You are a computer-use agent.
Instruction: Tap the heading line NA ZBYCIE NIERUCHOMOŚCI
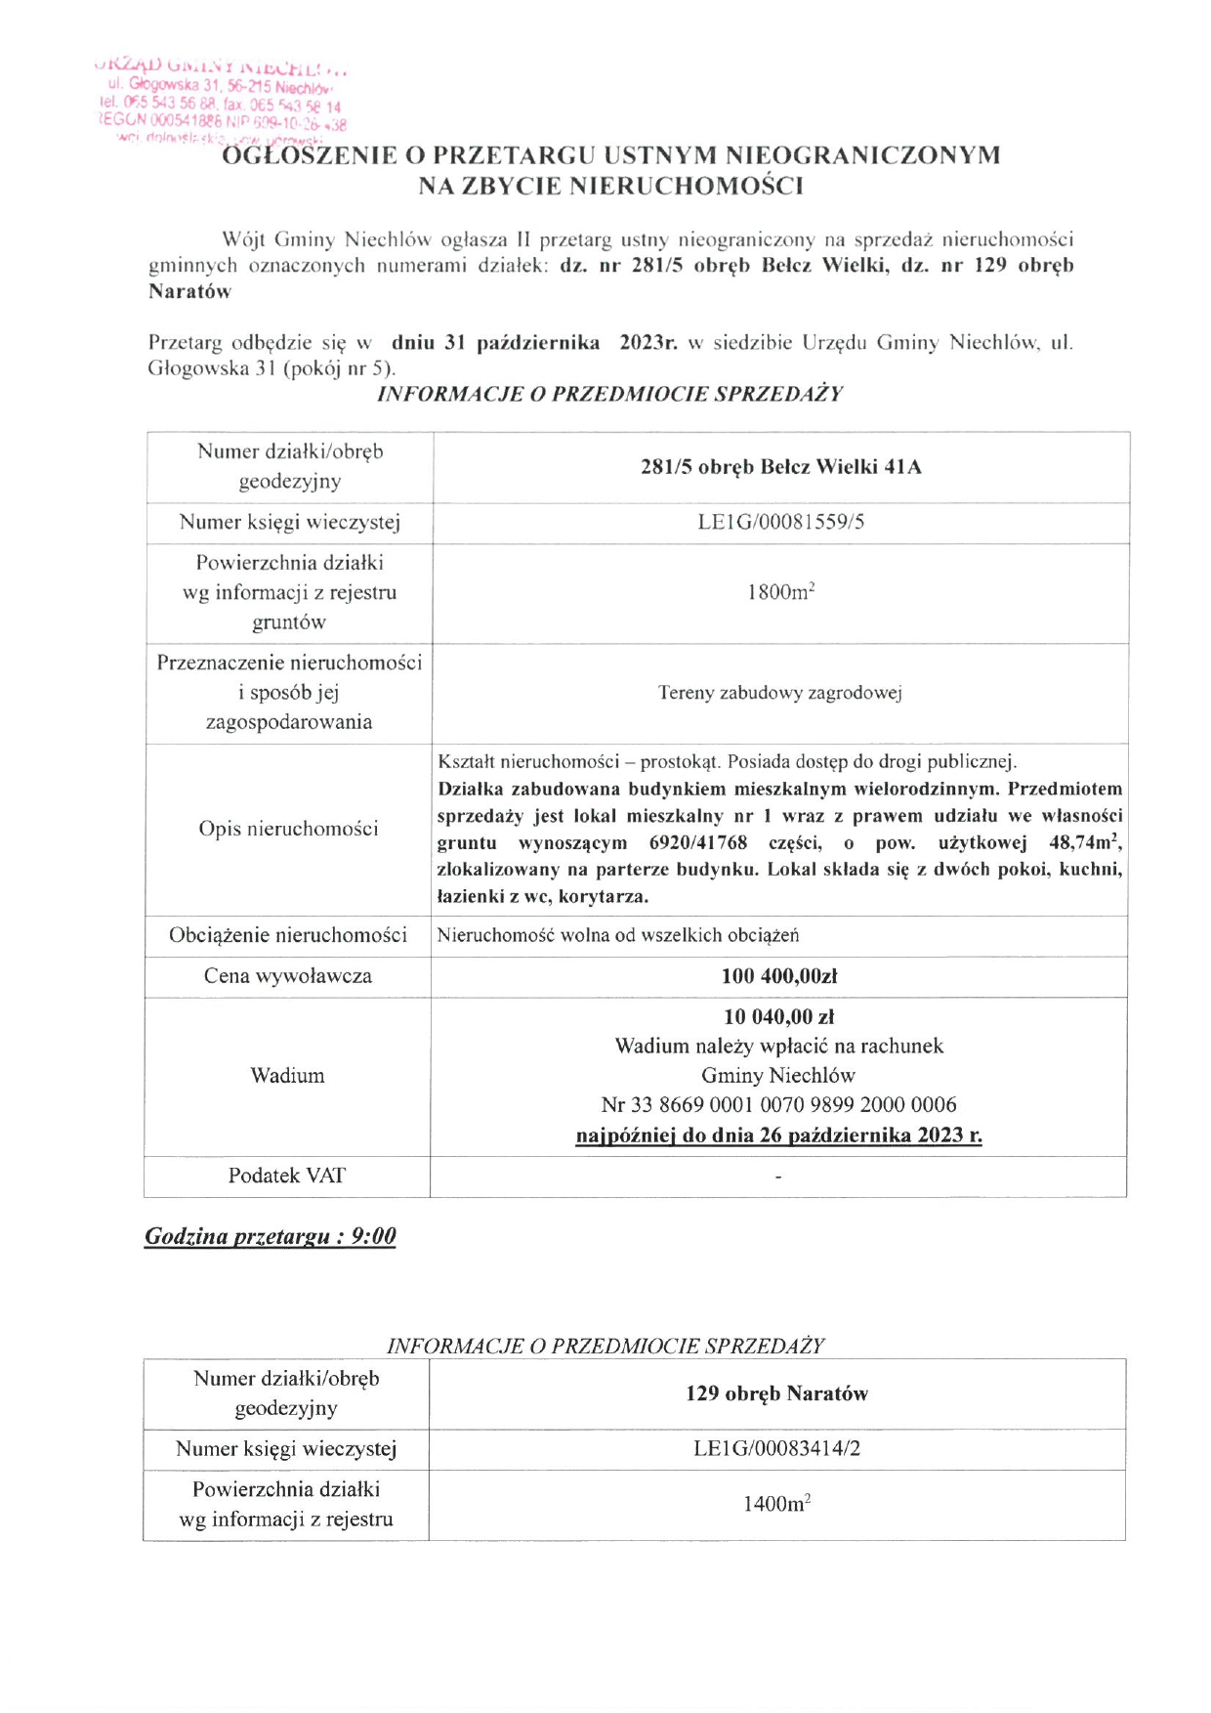[x=610, y=186]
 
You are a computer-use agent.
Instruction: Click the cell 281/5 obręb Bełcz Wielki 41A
[x=780, y=467]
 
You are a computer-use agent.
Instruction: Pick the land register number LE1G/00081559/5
[x=780, y=522]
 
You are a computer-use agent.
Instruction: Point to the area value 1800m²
[x=780, y=592]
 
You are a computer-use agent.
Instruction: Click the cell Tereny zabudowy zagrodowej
[x=779, y=693]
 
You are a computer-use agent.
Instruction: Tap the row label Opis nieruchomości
[x=288, y=829]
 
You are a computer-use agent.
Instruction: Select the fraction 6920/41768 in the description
[x=698, y=842]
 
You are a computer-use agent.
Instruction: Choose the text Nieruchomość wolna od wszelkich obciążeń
[x=618, y=935]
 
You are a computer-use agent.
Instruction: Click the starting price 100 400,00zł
[x=779, y=975]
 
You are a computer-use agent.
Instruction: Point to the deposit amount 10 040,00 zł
[x=778, y=1016]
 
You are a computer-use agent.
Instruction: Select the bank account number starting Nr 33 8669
[x=778, y=1105]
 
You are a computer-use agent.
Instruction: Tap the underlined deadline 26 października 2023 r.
[x=778, y=1135]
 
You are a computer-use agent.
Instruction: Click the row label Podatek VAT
[x=287, y=1176]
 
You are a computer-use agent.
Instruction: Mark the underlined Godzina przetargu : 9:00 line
[x=271, y=1236]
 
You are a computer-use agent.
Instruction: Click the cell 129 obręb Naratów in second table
[x=776, y=1393]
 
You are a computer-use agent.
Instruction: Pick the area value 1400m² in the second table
[x=776, y=1504]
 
